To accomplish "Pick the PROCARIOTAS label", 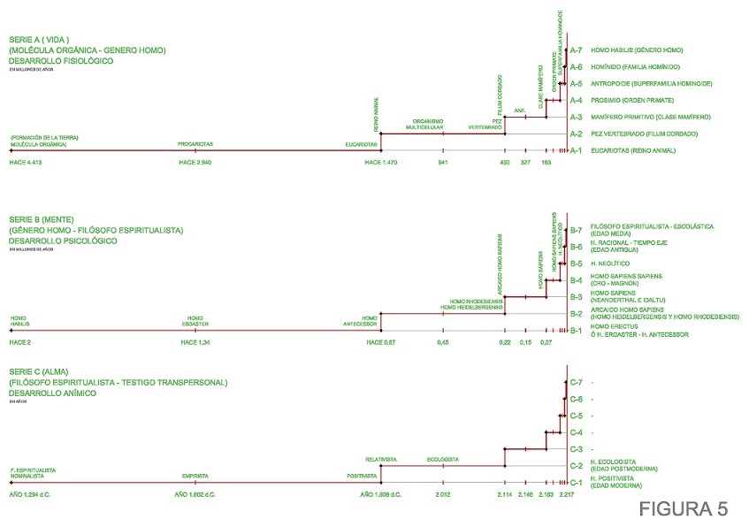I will click(x=195, y=142).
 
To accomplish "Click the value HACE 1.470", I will click(x=380, y=164).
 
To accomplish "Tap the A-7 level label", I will click(x=576, y=50).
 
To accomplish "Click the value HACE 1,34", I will click(x=195, y=341).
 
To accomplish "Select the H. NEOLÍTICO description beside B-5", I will click(x=609, y=263).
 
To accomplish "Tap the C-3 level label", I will click(x=576, y=449).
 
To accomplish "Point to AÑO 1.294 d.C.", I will click(x=31, y=494).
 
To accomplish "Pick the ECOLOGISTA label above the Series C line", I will click(x=442, y=459).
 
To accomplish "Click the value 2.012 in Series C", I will click(x=443, y=494).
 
